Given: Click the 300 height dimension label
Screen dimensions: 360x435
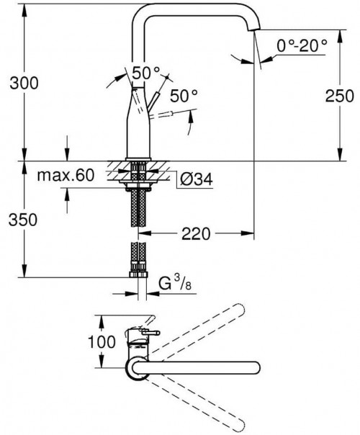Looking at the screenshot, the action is (x=24, y=83).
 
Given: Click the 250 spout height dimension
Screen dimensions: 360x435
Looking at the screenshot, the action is (x=339, y=96).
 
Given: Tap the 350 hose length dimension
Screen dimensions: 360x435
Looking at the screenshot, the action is (x=23, y=220).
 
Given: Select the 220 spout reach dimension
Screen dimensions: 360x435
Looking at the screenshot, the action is (x=196, y=233).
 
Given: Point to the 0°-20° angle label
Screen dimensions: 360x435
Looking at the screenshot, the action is (x=302, y=45).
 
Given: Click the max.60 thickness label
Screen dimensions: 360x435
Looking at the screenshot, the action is (x=66, y=175).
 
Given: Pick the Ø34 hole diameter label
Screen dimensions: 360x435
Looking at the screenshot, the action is (x=197, y=179).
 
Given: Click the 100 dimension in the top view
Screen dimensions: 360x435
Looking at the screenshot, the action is (x=102, y=341).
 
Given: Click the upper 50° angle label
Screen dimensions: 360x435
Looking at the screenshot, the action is (x=146, y=73).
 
